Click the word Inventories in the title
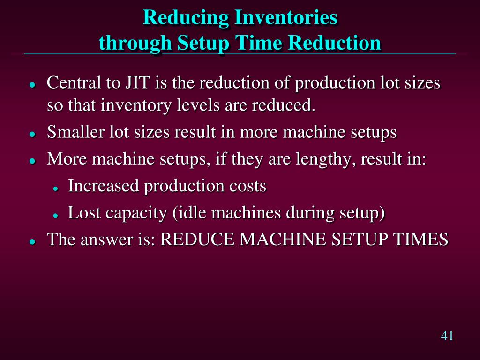pos(285,18)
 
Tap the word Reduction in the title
pos(334,43)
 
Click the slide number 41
pos(447,336)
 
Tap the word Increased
pos(104,186)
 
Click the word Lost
pos(85,213)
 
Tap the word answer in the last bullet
pos(102,240)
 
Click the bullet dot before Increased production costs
pos(55,188)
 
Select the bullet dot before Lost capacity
pos(55,215)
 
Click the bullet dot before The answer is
pos(32,242)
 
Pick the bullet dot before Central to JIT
pos(32,85)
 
